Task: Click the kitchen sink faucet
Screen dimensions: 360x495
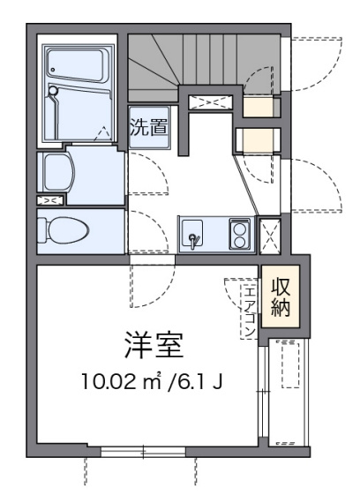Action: pos(192,238)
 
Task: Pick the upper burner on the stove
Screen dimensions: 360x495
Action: pos(239,229)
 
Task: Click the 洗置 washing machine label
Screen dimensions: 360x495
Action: pos(149,127)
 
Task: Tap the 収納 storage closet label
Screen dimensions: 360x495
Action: pos(281,296)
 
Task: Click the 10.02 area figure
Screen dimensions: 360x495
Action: pos(109,381)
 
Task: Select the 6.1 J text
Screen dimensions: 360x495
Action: pos(200,381)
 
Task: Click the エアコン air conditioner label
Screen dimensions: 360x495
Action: pos(250,311)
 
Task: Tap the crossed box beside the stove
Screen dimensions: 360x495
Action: pos(270,236)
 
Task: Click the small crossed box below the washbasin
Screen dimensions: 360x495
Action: pos(50,200)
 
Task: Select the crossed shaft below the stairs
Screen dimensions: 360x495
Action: pos(210,102)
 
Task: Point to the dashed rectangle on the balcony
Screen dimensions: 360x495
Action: pos(290,364)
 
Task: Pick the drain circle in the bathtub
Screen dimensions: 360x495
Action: pos(53,70)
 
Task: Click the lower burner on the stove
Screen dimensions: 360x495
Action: pos(239,242)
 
